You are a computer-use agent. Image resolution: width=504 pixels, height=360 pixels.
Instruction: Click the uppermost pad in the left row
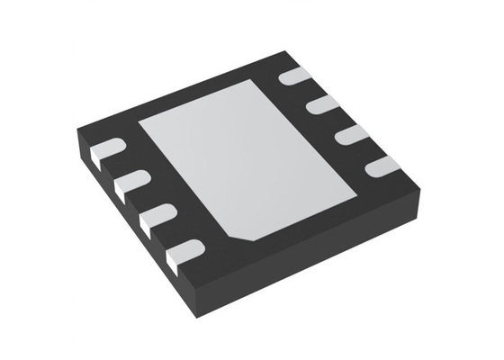(110, 150)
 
